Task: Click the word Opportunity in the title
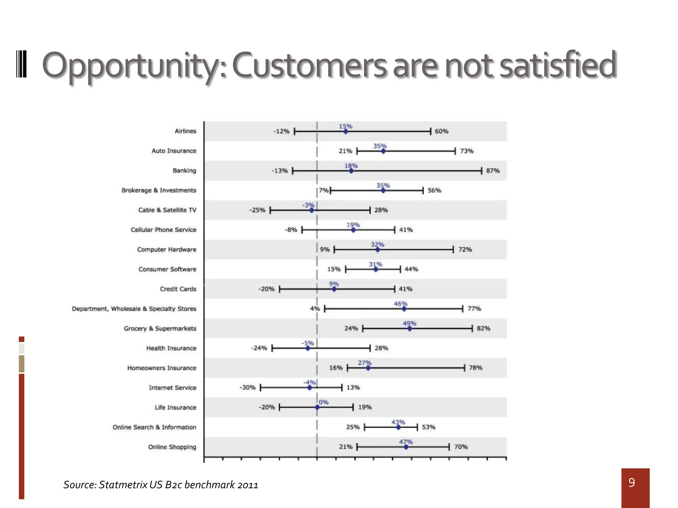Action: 132,65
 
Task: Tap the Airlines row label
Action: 185,131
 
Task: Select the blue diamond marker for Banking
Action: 351,171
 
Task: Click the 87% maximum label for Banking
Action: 493,171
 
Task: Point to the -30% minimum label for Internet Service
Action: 248,388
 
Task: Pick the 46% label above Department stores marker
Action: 400,304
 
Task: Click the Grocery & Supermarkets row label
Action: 160,328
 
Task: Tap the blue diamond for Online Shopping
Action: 406,447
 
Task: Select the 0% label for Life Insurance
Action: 323,402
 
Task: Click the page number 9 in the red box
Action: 632,483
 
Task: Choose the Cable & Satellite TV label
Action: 167,210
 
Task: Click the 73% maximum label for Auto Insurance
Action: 467,151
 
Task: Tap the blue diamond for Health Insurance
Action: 308,348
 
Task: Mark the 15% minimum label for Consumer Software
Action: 334,269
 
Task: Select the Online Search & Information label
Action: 154,427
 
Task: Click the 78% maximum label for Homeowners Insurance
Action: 475,368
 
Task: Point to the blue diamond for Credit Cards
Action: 334,289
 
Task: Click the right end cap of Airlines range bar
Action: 430,131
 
